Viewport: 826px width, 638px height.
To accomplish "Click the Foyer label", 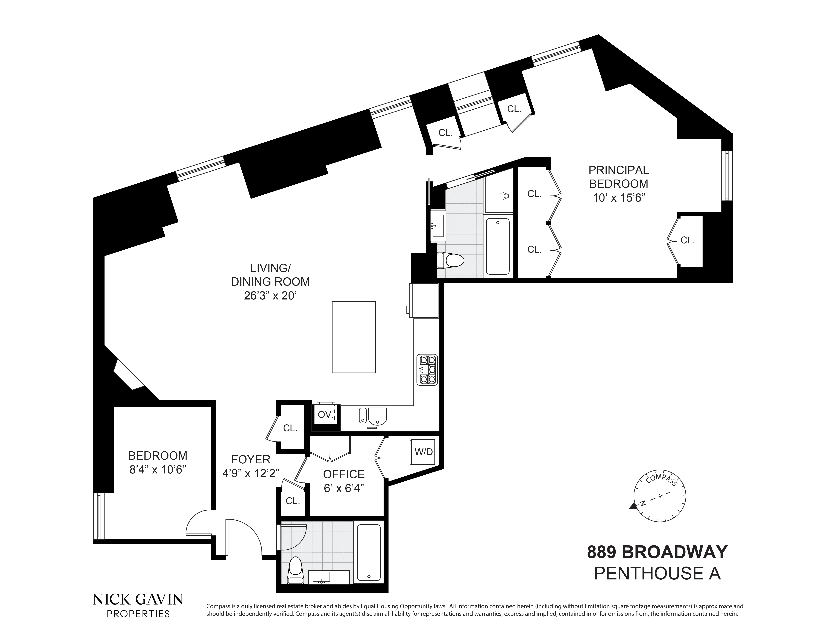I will (x=251, y=459).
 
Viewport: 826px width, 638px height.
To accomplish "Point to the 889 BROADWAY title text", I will (x=657, y=552).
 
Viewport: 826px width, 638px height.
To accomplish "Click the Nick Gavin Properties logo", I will (x=138, y=605).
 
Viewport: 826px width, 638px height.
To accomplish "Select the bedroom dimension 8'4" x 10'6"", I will (x=158, y=470).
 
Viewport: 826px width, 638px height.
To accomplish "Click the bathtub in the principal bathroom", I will (x=498, y=246).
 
